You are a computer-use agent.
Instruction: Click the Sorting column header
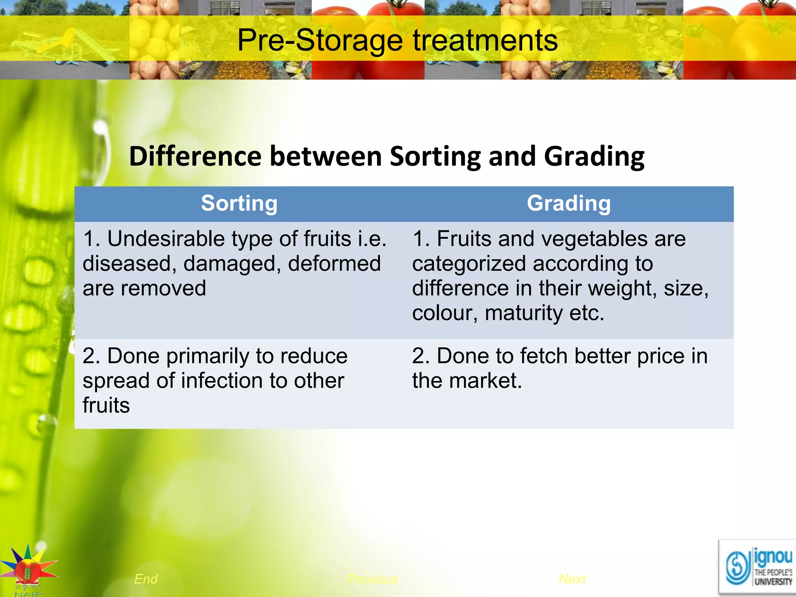coord(239,203)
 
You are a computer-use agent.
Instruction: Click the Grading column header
coord(569,203)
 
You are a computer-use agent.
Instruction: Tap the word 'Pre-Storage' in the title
coord(320,40)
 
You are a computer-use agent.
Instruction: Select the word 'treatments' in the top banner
coord(485,40)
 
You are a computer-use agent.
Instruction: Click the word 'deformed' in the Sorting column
coord(334,264)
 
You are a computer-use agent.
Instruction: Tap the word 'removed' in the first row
coord(163,288)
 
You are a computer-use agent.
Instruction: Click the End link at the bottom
coord(146,579)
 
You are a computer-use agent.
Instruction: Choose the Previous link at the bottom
coord(372,579)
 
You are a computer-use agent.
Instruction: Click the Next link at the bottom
coord(572,579)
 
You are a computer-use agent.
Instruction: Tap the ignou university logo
coord(757,567)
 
